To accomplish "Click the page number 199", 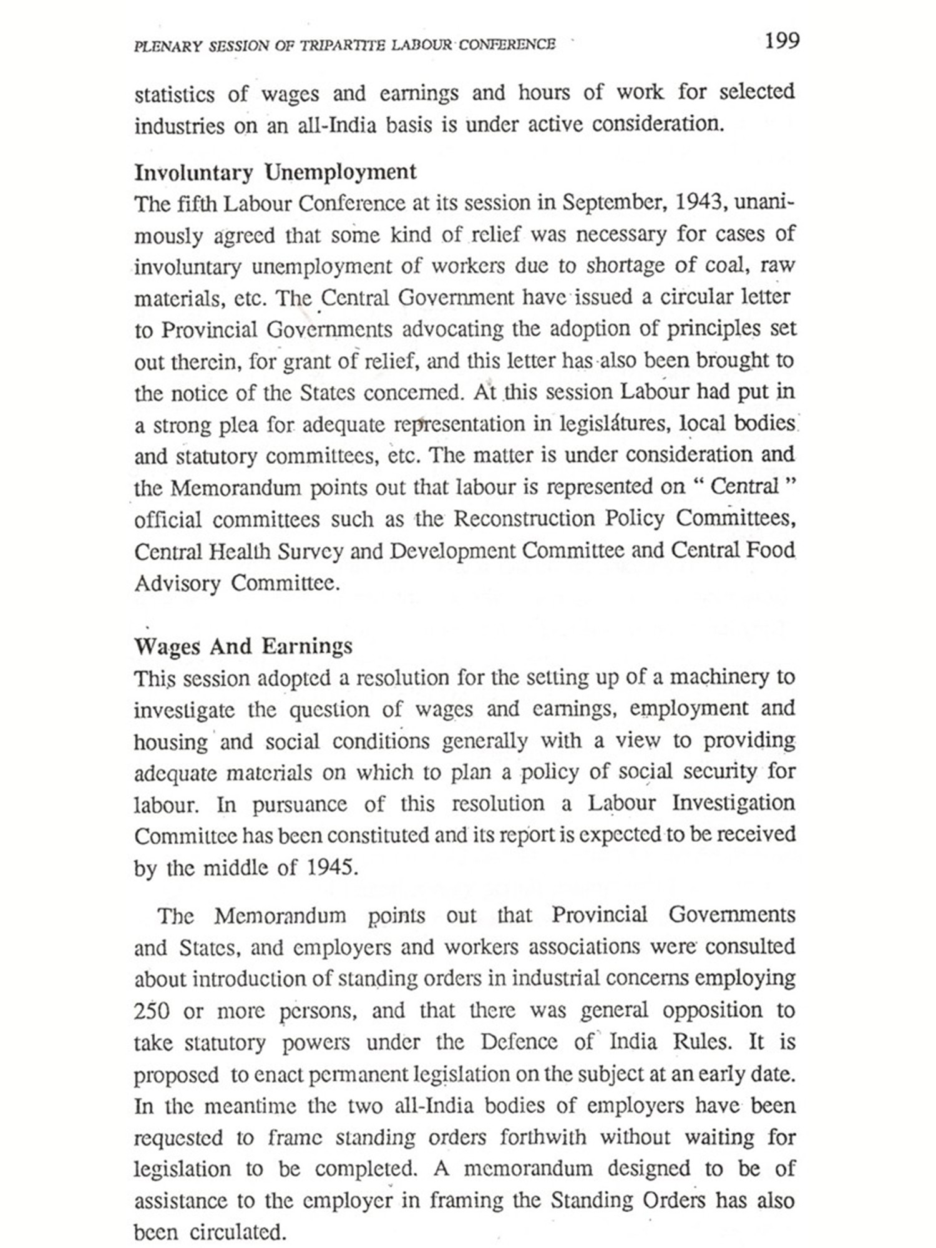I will [x=781, y=41].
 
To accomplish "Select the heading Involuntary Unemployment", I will [x=275, y=172].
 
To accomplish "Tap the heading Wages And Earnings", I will [x=243, y=646].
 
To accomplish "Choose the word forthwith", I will [x=543, y=1137].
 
